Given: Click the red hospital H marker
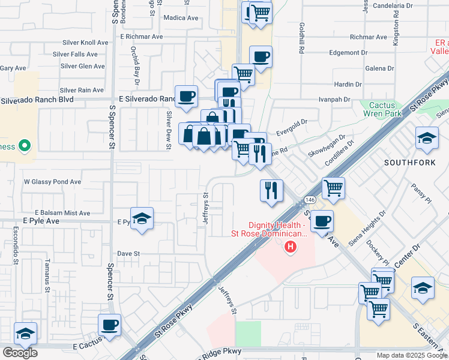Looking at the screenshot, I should [291, 246].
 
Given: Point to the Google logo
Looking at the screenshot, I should [20, 352].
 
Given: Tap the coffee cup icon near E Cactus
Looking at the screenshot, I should [110, 325].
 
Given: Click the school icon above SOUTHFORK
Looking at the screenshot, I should [427, 139].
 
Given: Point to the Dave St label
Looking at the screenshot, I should [128, 254].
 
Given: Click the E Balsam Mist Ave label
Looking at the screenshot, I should [62, 213].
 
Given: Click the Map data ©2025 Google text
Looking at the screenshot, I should [411, 355].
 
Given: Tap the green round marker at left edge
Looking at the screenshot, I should [25, 145].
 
